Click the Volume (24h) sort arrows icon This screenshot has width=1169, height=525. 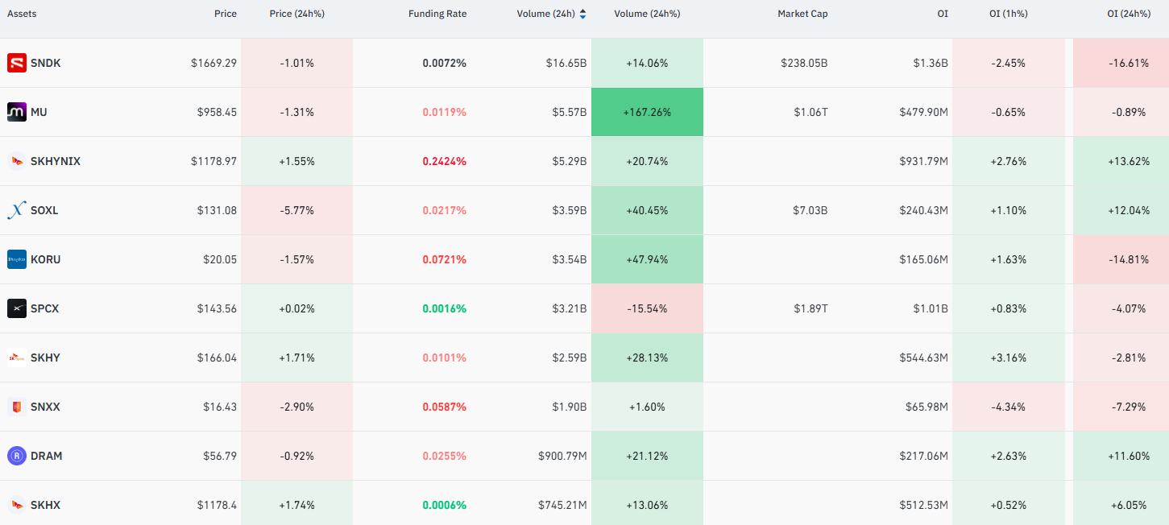coord(583,14)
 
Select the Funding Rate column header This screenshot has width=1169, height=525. coord(437,14)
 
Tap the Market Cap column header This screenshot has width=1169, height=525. coord(802,14)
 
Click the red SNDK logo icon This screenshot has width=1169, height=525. coord(17,63)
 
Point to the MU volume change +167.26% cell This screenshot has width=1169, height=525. coord(647,112)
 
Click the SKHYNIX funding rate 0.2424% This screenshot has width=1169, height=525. coord(444,161)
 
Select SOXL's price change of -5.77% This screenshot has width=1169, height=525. coord(296,211)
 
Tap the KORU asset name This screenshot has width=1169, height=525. coord(45,259)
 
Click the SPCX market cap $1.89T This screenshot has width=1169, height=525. coord(810,308)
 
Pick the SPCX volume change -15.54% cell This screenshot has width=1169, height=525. coord(647,308)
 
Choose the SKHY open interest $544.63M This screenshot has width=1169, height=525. coord(923,358)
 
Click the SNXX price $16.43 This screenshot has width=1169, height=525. coord(220,407)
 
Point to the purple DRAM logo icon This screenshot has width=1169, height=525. coord(17,456)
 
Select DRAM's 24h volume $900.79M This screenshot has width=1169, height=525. coord(562,457)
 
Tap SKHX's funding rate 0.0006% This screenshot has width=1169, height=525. coord(444,505)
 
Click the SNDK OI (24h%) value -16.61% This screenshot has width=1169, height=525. coord(1128,63)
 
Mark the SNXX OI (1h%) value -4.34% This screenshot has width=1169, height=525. coord(1008,407)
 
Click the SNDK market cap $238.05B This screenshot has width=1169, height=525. coord(804,63)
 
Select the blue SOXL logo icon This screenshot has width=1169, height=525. coord(17,210)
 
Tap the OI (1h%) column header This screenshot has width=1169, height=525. coord(1008,14)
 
